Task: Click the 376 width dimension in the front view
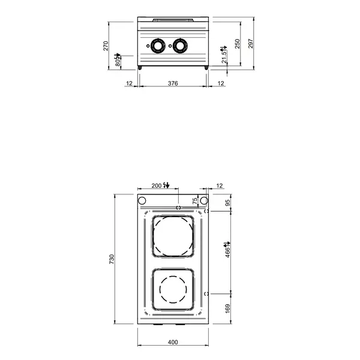[173, 83]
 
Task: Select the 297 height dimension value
[251, 43]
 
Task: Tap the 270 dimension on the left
[107, 46]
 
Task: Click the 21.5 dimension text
[224, 57]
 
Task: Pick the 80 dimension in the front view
[119, 61]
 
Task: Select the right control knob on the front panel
[180, 45]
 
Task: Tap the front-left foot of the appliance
[141, 68]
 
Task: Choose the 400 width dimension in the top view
[173, 343]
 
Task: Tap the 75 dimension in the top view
[195, 201]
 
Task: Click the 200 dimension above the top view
[157, 186]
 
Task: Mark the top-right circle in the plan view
[204, 200]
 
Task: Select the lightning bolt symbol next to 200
[167, 185]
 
